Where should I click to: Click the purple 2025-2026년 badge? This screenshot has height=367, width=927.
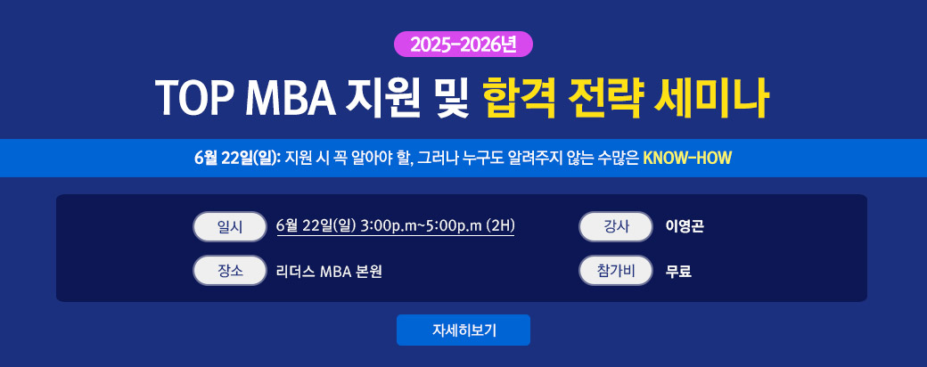463,45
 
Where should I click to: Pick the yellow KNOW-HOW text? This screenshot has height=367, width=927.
687,159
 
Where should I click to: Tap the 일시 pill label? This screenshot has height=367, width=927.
230,226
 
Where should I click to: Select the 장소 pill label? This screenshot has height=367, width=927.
230,271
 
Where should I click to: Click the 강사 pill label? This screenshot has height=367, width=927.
615,226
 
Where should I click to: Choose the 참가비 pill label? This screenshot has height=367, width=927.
615,271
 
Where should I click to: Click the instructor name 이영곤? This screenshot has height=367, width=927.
685,226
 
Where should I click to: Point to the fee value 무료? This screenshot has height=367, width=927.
678,272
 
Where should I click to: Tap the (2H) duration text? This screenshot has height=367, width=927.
500,226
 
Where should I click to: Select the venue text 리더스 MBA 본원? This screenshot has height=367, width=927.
329,272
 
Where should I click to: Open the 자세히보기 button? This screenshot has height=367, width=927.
463,330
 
